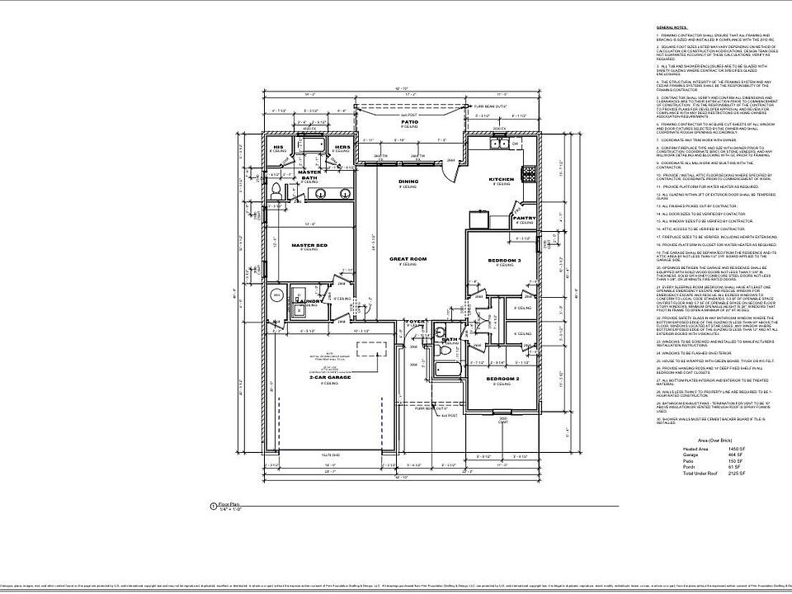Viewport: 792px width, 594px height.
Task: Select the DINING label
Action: click(408, 181)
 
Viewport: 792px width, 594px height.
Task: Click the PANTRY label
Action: click(525, 219)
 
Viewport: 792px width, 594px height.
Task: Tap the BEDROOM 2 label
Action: click(502, 379)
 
